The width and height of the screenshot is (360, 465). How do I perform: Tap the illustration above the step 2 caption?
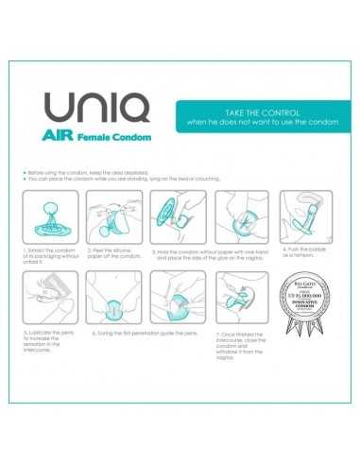pyautogui.click(x=112, y=215)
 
